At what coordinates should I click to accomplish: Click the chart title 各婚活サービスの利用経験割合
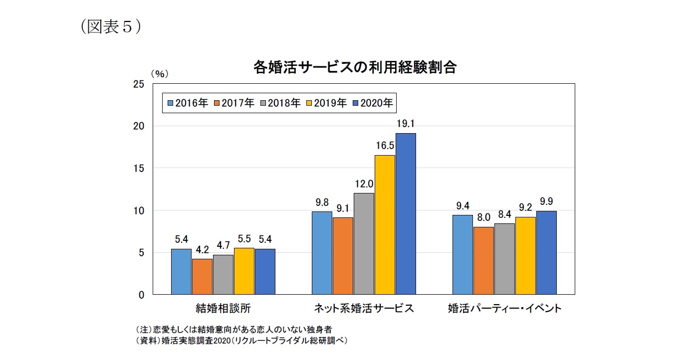pyautogui.click(x=355, y=68)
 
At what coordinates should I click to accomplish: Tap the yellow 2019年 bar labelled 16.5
pyautogui.click(x=385, y=224)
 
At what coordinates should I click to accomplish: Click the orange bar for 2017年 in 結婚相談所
pyautogui.click(x=202, y=276)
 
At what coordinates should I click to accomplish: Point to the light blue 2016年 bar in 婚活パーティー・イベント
pyautogui.click(x=462, y=254)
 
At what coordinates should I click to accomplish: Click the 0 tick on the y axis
pyautogui.click(x=142, y=295)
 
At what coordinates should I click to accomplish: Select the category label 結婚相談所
pyautogui.click(x=223, y=308)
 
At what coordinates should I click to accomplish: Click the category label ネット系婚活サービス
pyautogui.click(x=364, y=308)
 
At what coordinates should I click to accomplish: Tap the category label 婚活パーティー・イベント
pyautogui.click(x=504, y=308)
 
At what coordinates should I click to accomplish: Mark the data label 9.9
pyautogui.click(x=546, y=202)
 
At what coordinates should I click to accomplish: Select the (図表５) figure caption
pyautogui.click(x=110, y=26)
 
